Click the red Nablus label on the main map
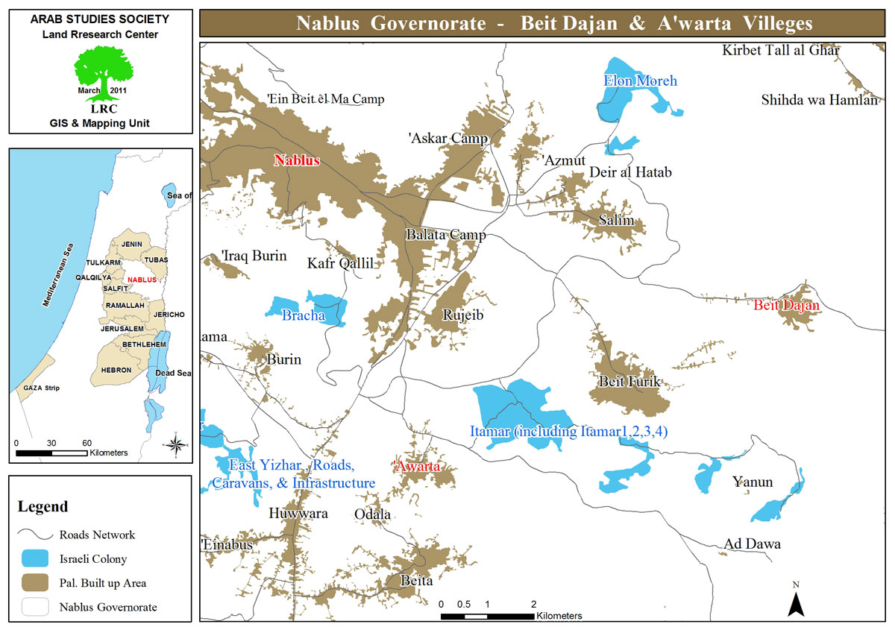coord(296,160)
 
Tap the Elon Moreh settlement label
coord(640,81)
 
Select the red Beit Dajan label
coord(786,305)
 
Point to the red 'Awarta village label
coord(416,466)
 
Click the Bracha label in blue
coord(303,315)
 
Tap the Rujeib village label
coord(463,315)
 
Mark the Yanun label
coord(752,482)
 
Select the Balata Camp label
coord(445,235)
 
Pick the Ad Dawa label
coord(752,544)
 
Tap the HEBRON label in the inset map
coord(116,370)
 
